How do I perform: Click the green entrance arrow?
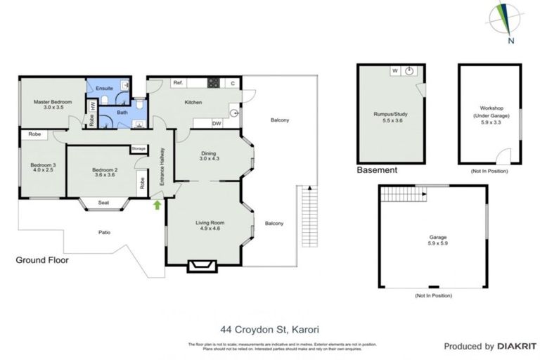click(x=157, y=205)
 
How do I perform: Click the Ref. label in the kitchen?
click(x=178, y=84)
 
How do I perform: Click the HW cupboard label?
click(x=92, y=106)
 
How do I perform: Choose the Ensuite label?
click(x=105, y=88)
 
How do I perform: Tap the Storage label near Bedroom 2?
click(x=138, y=149)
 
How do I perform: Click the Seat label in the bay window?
click(x=103, y=203)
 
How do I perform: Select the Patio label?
click(x=103, y=231)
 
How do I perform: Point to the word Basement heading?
click(x=377, y=171)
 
